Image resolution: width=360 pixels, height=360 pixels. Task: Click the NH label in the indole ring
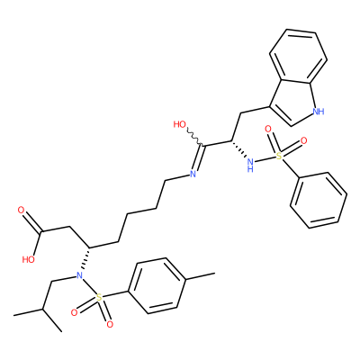(x=319, y=112)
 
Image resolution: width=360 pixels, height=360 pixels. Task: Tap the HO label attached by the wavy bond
(x=180, y=124)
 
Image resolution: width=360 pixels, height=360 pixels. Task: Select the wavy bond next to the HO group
(x=195, y=138)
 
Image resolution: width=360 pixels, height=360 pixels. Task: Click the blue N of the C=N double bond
(x=193, y=174)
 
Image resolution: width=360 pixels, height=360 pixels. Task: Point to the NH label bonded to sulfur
(x=250, y=165)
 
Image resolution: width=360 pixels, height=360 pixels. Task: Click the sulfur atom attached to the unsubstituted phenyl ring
(x=279, y=156)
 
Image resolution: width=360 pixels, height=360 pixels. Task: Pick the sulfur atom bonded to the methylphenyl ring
(x=99, y=298)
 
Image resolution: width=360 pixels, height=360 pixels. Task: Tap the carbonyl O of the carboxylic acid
(x=22, y=210)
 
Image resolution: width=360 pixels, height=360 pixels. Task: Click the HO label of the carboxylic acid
(x=29, y=259)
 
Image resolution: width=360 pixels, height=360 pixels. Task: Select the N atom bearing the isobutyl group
(x=79, y=274)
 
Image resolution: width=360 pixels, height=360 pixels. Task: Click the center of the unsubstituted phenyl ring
(x=319, y=201)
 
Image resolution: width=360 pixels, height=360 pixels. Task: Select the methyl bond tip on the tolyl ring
(x=215, y=273)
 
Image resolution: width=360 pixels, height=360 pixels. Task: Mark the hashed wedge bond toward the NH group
(x=239, y=149)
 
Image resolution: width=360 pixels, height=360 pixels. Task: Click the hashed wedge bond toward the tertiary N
(x=85, y=258)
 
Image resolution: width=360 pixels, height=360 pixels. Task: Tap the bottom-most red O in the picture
(x=110, y=324)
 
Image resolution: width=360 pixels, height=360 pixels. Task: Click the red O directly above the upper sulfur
(x=268, y=130)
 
